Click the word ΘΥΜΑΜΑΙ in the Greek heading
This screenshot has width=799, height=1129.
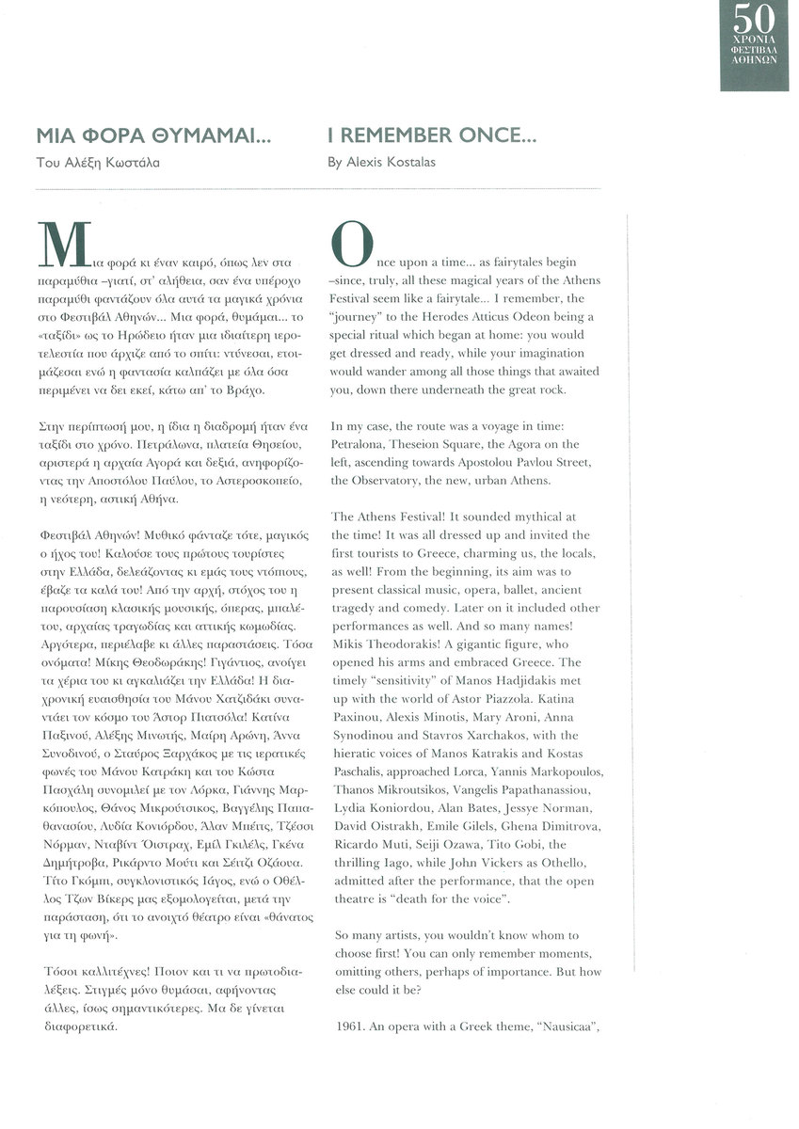click(x=208, y=136)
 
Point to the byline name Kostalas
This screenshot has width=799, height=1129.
click(x=410, y=163)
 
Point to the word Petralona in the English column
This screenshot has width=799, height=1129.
click(x=359, y=443)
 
